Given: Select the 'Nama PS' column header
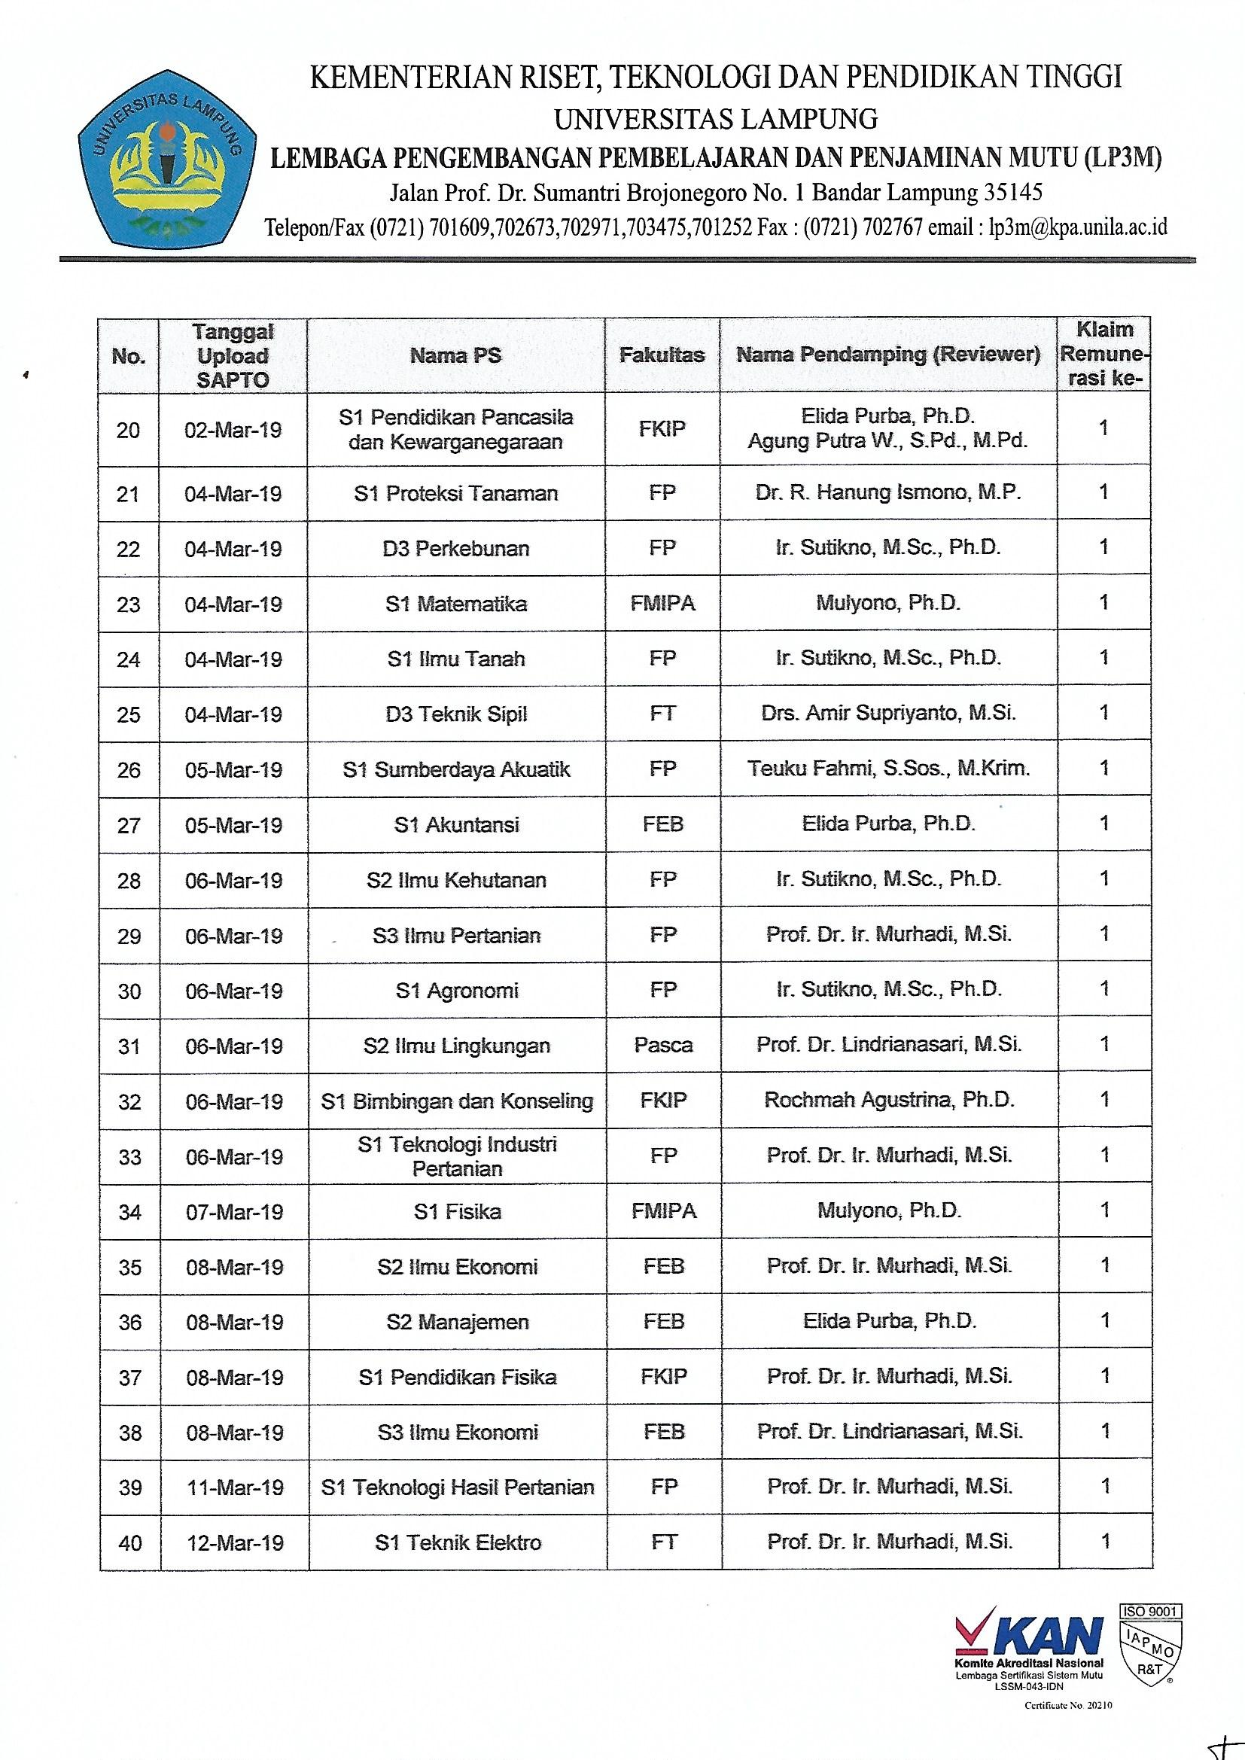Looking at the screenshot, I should [455, 355].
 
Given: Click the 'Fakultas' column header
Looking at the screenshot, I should [662, 355].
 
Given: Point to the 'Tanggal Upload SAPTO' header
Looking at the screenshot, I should [233, 355].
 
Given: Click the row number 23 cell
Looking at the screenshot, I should [129, 604].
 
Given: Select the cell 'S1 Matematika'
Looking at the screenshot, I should [456, 604].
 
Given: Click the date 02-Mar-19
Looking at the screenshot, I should [233, 430].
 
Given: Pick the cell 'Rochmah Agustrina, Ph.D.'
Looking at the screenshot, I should [889, 1101].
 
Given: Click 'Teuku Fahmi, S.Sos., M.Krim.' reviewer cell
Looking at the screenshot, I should [889, 769].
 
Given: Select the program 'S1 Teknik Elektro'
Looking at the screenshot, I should [458, 1542].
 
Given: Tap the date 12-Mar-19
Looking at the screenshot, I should [235, 1542].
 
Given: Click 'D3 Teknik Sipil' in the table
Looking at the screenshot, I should [456, 714].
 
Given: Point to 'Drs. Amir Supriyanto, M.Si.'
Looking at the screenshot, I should [888, 714].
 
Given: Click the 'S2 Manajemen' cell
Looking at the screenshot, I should [458, 1322].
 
